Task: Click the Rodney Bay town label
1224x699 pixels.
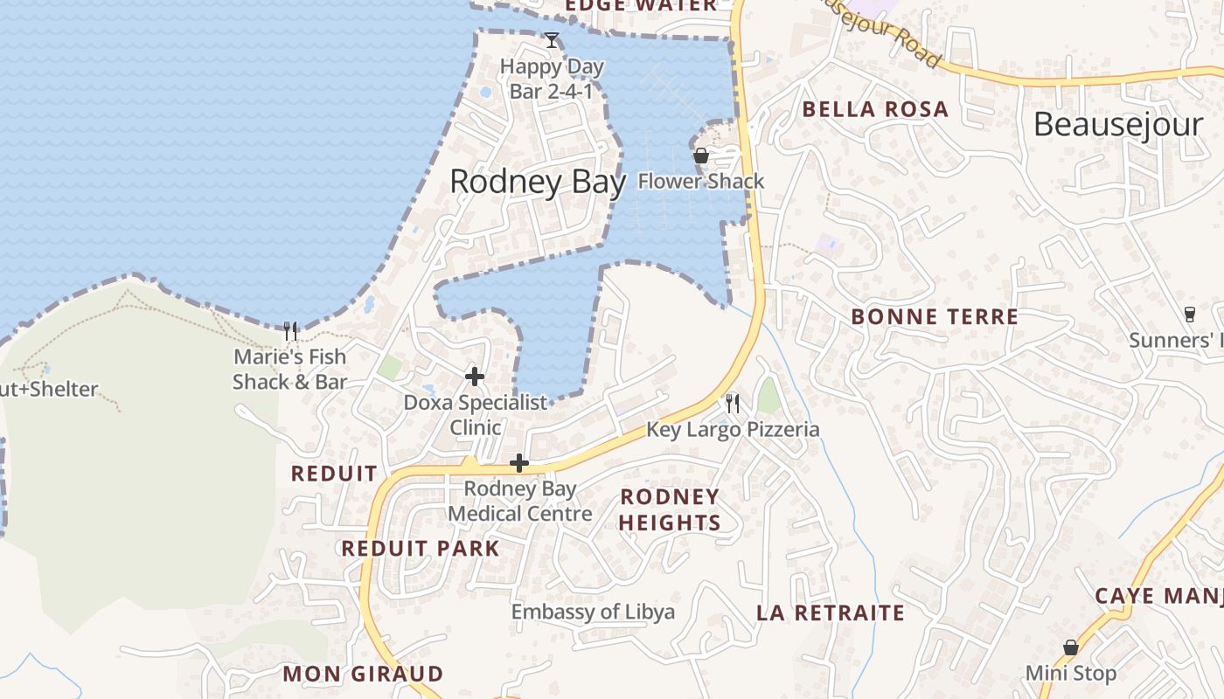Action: click(538, 182)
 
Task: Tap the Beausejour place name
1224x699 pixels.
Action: click(1118, 125)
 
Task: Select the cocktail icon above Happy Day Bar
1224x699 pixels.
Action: click(552, 40)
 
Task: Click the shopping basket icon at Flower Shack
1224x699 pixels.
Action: click(701, 156)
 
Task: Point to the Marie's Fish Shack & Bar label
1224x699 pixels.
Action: click(289, 369)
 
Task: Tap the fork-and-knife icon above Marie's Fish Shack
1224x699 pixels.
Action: click(291, 330)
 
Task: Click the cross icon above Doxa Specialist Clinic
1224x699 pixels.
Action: click(475, 377)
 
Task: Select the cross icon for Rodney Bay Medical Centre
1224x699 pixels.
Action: click(519, 463)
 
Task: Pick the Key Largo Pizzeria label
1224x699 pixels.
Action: click(733, 429)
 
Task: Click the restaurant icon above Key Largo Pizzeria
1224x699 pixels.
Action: click(733, 403)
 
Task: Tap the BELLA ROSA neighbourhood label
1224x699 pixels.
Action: click(875, 109)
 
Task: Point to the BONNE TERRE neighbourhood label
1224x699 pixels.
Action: click(935, 316)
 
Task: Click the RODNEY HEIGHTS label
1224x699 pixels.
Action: click(670, 509)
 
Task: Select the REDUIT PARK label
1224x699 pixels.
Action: click(421, 549)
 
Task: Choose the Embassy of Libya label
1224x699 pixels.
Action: click(593, 612)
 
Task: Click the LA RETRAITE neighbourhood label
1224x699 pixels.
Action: click(831, 612)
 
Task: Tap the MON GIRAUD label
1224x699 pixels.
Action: click(363, 674)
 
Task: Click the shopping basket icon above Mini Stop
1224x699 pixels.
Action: click(1070, 647)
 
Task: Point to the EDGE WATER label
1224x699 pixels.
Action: click(641, 6)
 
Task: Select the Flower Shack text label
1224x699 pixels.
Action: click(701, 182)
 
